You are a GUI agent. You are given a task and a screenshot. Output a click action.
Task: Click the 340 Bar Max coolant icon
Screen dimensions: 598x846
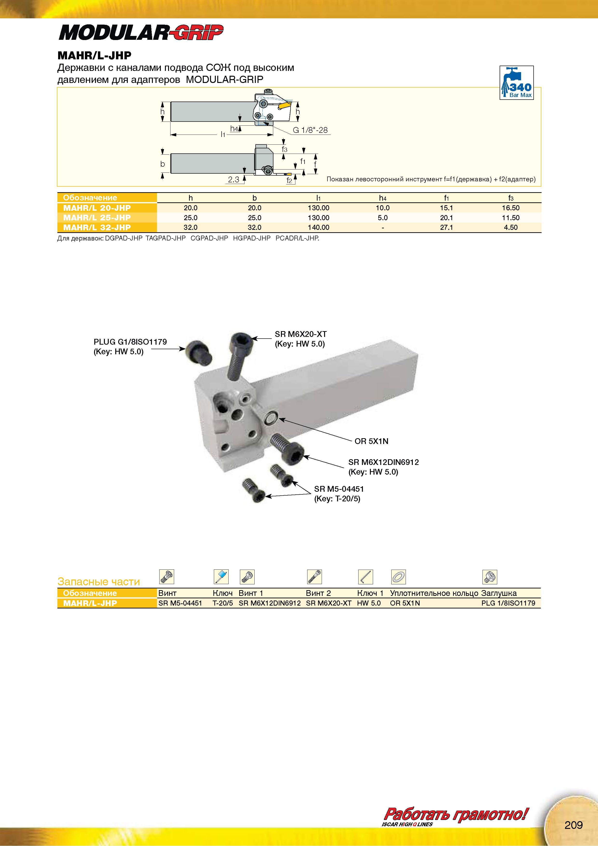click(x=516, y=82)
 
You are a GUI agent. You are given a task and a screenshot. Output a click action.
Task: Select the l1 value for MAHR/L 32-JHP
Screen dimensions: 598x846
click(x=318, y=228)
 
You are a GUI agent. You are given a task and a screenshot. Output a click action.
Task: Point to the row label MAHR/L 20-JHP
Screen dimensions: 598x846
click(x=97, y=208)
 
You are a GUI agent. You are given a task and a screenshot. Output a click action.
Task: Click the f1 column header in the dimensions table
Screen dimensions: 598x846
click(x=446, y=198)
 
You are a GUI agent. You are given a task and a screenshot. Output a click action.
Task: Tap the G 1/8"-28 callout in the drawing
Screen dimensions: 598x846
click(x=310, y=130)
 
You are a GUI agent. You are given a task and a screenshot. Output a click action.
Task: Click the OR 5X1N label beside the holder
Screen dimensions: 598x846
click(x=371, y=441)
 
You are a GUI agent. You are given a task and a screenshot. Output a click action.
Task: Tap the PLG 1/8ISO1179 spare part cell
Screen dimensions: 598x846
click(x=508, y=603)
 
